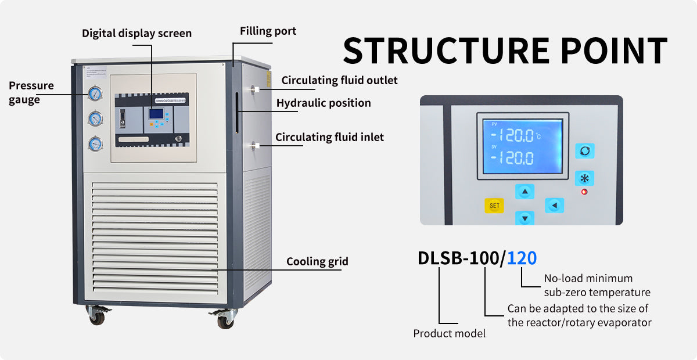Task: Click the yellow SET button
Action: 494,206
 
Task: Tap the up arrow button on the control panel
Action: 525,192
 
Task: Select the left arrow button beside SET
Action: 554,205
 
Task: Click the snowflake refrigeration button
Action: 584,178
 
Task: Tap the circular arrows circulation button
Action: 584,151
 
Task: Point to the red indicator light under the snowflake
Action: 584,192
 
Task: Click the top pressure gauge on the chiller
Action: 95,93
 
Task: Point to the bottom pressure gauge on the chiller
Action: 95,143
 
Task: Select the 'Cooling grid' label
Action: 317,261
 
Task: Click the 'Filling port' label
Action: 268,31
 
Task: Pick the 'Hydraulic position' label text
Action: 324,103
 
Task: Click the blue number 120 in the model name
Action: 522,258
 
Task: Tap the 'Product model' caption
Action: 449,333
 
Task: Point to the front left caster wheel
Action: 96,317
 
